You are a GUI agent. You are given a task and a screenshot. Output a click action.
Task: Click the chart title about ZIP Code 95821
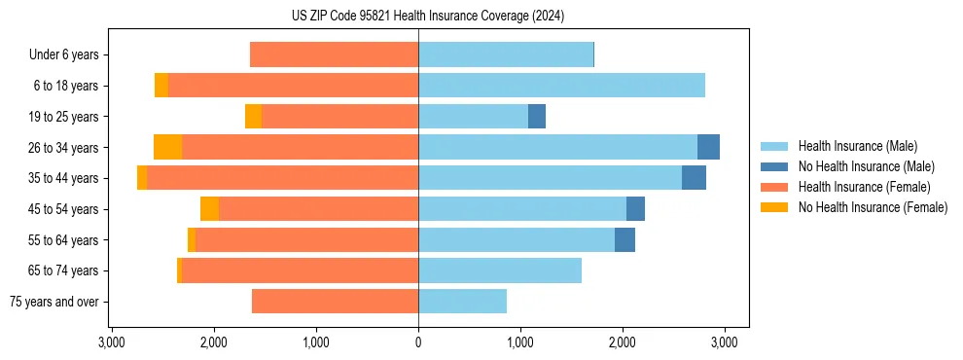pos(427,16)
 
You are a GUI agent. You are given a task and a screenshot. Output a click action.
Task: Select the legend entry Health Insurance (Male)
pos(857,146)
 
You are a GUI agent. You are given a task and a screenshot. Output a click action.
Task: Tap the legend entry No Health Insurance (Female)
pos(873,207)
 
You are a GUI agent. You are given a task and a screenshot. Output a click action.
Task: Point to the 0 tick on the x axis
pos(418,342)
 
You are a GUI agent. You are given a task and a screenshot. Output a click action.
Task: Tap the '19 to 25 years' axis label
pos(66,117)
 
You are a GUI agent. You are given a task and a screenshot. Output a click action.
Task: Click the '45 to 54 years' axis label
pos(66,209)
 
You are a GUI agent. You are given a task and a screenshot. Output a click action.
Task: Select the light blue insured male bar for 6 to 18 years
pos(561,86)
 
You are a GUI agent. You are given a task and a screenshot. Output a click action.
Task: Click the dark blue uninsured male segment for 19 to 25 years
pos(537,117)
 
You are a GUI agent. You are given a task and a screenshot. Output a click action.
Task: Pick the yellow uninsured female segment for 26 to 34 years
pos(168,147)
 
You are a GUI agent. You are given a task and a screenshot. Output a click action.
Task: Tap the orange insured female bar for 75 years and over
pos(335,302)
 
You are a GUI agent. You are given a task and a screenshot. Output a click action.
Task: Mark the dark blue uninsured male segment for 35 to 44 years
pos(694,178)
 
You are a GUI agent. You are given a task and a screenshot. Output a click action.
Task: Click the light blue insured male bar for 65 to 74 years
pos(500,270)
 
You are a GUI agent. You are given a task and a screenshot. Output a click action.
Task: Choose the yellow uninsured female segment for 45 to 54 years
pos(209,209)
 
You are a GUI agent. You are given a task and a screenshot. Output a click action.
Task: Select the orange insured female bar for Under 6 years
pos(334,54)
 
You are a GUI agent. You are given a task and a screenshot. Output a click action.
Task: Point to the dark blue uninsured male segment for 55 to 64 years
pos(624,239)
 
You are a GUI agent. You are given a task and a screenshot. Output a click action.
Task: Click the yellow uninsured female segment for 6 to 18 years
pos(161,86)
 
